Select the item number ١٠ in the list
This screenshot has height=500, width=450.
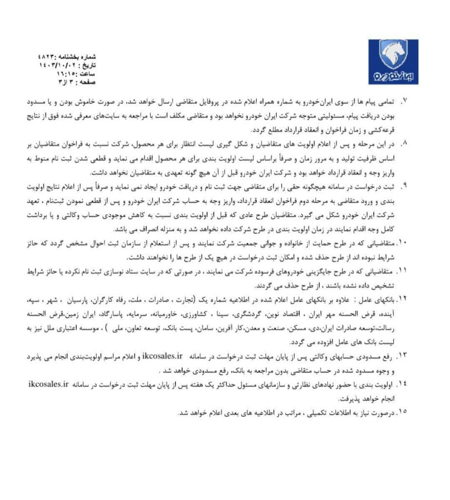[402, 242]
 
